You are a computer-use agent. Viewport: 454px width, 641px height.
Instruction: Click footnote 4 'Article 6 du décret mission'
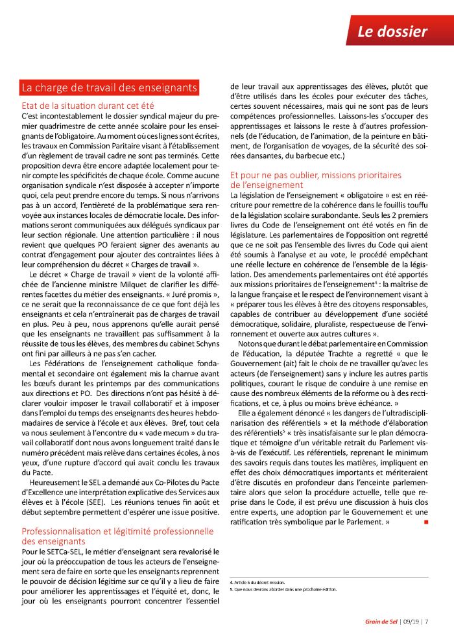coord(259,583)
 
